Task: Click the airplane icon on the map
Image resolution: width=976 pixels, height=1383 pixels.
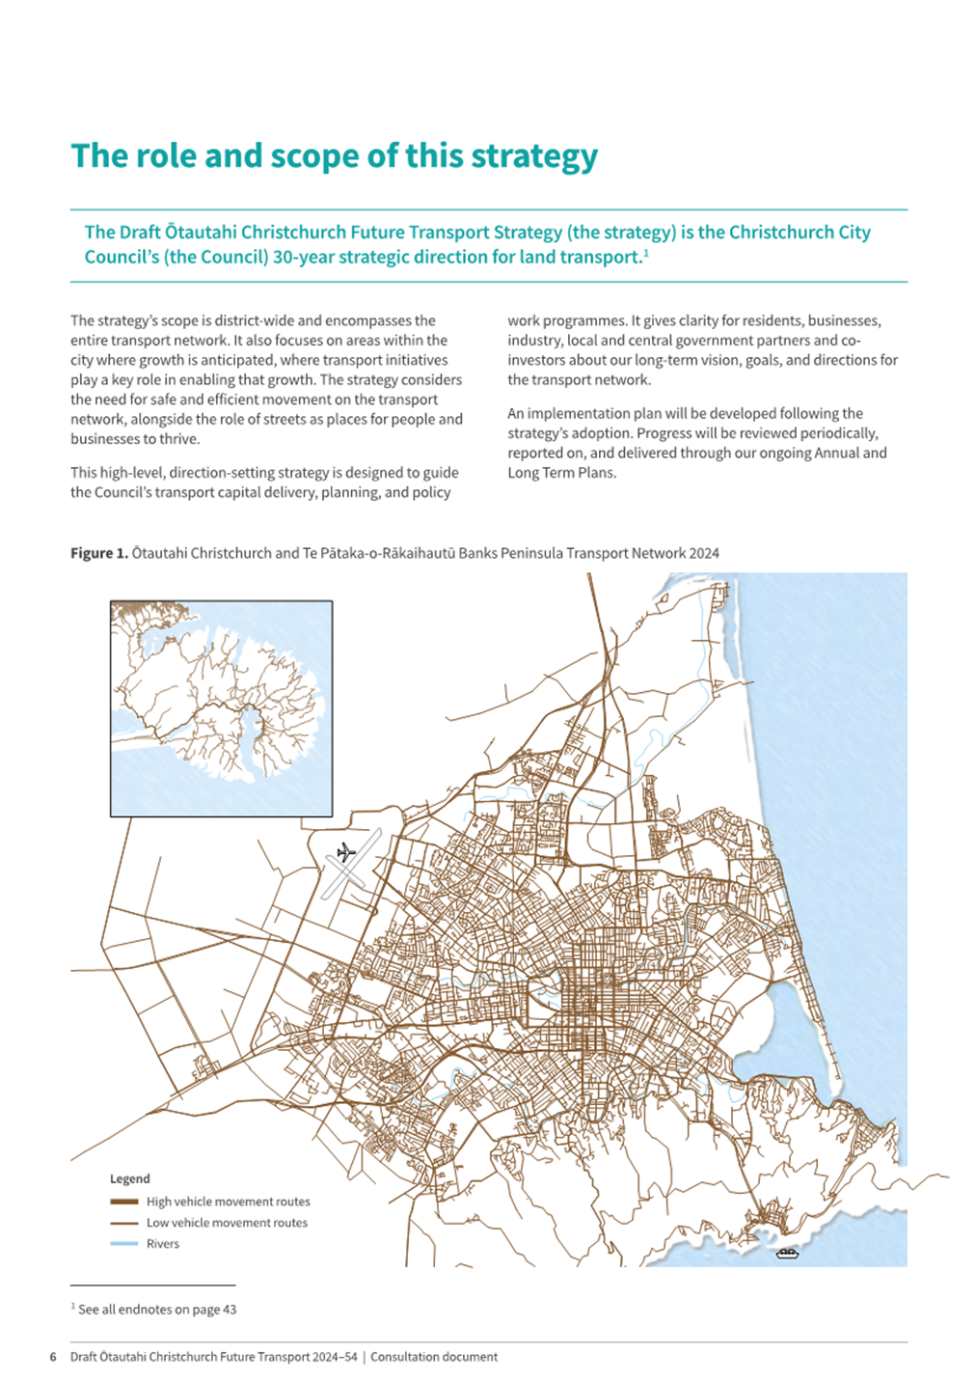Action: click(x=346, y=852)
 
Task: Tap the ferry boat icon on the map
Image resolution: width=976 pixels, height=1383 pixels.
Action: click(x=787, y=1254)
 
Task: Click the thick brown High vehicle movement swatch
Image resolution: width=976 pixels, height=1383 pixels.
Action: click(x=124, y=1202)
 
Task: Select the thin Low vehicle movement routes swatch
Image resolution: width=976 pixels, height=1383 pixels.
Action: click(x=124, y=1223)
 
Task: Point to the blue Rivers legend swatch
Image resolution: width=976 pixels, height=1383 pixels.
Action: click(x=124, y=1244)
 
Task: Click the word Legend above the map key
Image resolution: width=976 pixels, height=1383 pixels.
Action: click(x=129, y=1178)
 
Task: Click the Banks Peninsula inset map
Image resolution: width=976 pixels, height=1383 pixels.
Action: click(x=221, y=708)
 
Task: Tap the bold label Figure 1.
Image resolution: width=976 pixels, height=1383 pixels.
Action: click(x=98, y=553)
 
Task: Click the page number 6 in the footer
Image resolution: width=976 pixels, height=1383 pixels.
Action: click(x=53, y=1357)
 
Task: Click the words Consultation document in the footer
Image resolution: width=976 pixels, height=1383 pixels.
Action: click(x=434, y=1357)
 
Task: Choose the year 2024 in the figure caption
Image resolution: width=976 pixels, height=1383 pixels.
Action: click(x=704, y=553)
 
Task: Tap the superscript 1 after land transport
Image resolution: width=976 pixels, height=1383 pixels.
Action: click(x=645, y=253)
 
